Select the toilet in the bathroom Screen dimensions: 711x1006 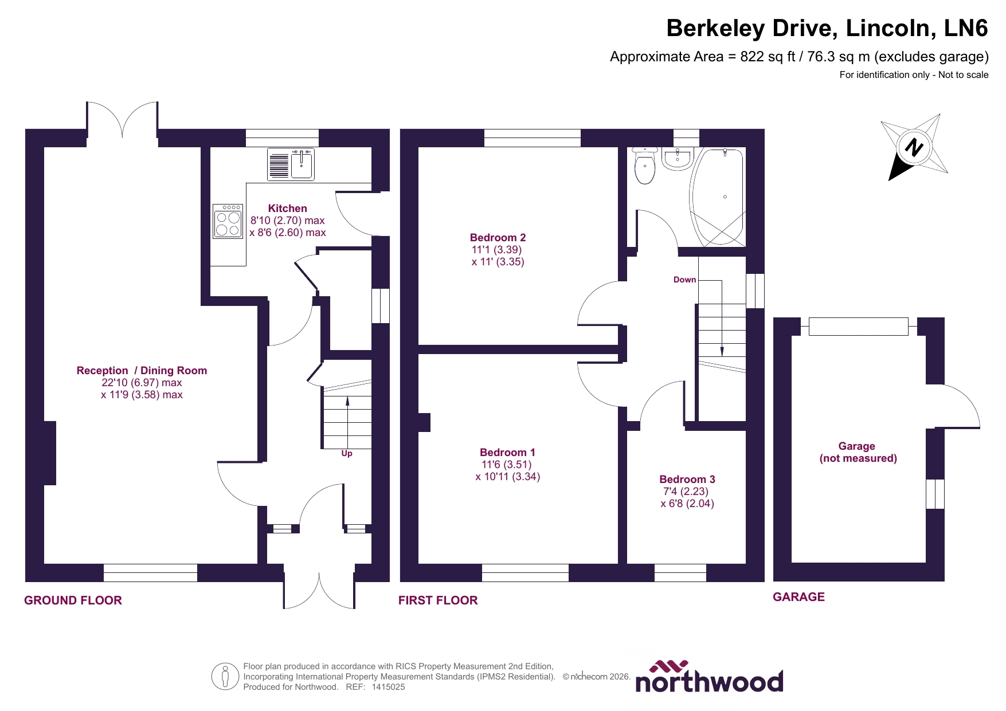[645, 167]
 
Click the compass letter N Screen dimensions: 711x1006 [914, 148]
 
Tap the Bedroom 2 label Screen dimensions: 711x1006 [498, 237]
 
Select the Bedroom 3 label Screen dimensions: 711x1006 [687, 479]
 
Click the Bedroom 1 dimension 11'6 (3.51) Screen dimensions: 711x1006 [507, 465]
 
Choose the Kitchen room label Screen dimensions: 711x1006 [287, 208]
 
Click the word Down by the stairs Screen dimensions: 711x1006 [684, 280]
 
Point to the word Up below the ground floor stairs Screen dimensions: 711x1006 [347, 453]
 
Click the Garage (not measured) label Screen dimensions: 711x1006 [858, 452]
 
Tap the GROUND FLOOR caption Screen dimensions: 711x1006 [73, 600]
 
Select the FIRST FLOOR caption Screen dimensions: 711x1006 [438, 600]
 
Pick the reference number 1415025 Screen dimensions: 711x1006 [388, 687]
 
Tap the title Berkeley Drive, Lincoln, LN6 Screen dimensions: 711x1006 [827, 28]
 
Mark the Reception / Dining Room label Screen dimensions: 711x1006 [142, 370]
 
